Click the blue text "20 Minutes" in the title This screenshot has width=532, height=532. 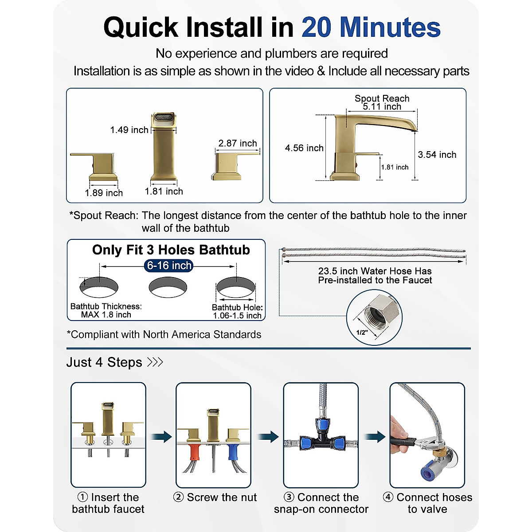pyautogui.click(x=371, y=27)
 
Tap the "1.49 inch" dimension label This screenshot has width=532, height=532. pyautogui.click(x=129, y=130)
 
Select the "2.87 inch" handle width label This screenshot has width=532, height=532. pyautogui.click(x=238, y=143)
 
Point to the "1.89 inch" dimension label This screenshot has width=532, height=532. pyautogui.click(x=104, y=193)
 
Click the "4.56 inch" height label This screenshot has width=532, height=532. pyautogui.click(x=304, y=148)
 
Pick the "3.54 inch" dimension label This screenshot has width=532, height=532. pyautogui.click(x=437, y=155)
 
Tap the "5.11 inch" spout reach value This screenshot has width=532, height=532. pyautogui.click(x=382, y=107)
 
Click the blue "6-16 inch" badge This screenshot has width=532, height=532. pyautogui.click(x=169, y=266)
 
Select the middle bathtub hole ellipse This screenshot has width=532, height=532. pyautogui.click(x=168, y=287)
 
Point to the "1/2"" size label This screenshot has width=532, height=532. pyautogui.click(x=362, y=332)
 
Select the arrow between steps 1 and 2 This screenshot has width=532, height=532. pyautogui.click(x=161, y=437)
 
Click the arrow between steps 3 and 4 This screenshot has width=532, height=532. pyautogui.click(x=375, y=437)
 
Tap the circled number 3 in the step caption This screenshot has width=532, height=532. pyautogui.click(x=289, y=497)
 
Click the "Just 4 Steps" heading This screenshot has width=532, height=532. pyautogui.click(x=104, y=362)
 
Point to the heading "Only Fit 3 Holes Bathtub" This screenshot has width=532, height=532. pyautogui.click(x=171, y=250)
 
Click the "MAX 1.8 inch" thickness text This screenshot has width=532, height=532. pyautogui.click(x=106, y=315)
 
